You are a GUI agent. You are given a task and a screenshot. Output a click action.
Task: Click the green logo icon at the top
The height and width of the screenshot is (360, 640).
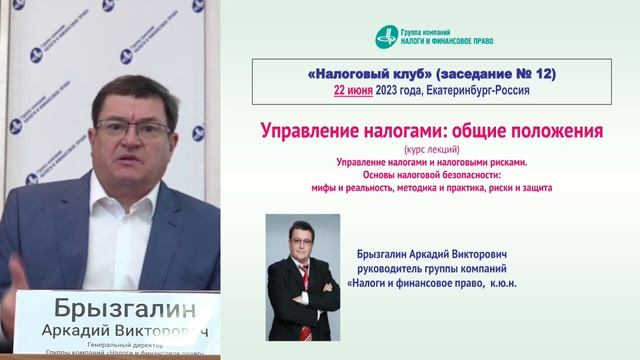(386, 36)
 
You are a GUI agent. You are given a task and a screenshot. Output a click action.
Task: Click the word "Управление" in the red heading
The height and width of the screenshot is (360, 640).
(306, 131)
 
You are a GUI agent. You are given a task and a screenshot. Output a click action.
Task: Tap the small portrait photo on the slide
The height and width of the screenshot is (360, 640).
(303, 277)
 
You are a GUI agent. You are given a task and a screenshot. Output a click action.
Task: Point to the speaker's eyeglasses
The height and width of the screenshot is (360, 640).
(145, 128)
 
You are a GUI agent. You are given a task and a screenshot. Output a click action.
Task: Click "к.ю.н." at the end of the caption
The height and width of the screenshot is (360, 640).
(513, 283)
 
